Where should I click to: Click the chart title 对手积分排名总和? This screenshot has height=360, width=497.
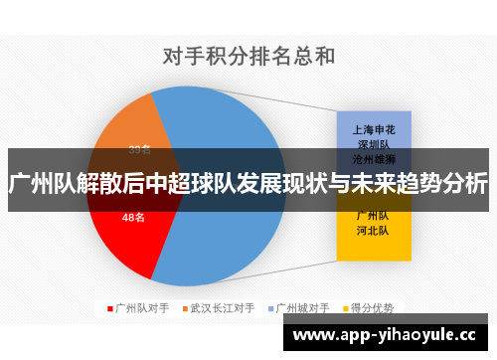(249, 56)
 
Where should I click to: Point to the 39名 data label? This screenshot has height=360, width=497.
(140, 150)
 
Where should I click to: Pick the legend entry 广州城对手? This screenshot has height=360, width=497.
(307, 308)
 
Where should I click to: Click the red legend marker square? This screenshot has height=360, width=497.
(110, 308)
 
